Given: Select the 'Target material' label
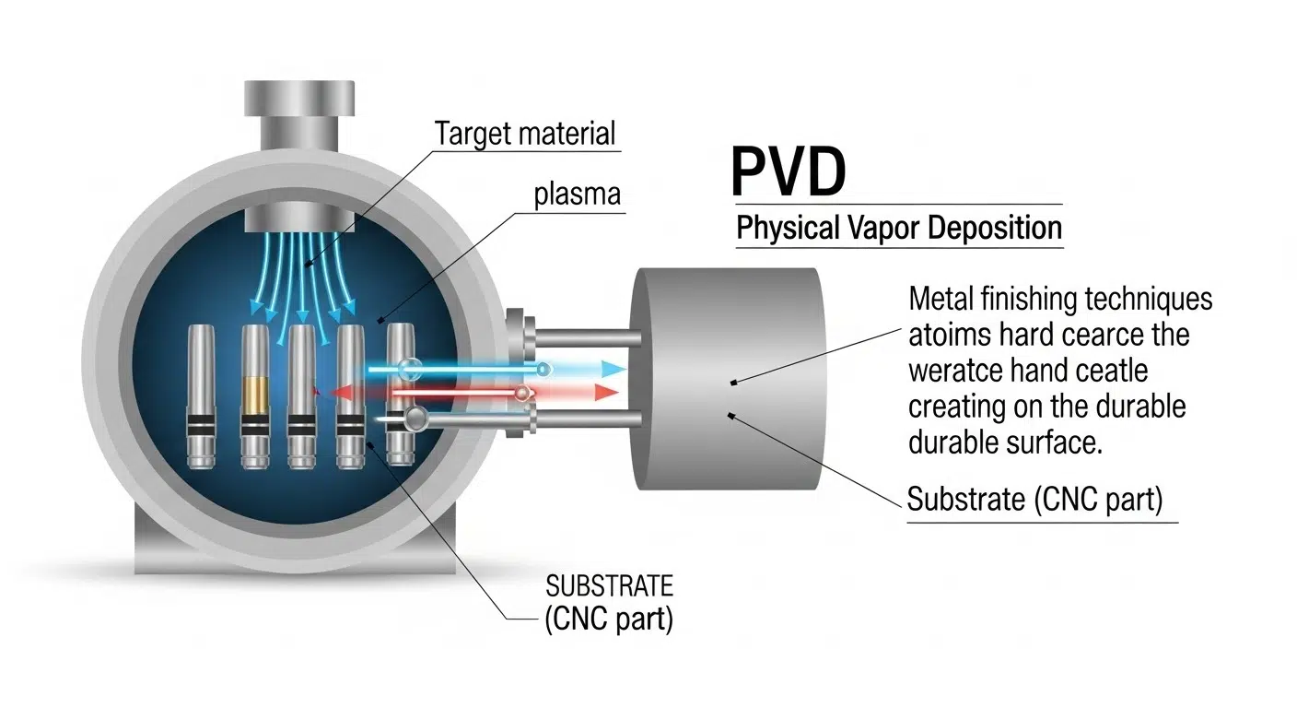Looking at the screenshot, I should point(525,133).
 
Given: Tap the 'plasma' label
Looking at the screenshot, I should point(577,195).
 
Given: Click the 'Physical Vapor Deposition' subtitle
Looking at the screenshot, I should point(899,227).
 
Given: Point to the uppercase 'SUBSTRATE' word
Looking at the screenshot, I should point(610,585).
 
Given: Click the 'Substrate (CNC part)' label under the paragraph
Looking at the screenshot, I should point(1035,500).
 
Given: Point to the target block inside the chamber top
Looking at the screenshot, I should point(298,220).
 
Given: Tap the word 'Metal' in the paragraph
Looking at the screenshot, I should point(941,300).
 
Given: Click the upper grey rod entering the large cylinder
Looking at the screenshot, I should point(590,338).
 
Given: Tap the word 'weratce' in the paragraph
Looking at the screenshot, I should point(953,372).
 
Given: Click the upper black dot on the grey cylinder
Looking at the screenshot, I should point(732,382).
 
